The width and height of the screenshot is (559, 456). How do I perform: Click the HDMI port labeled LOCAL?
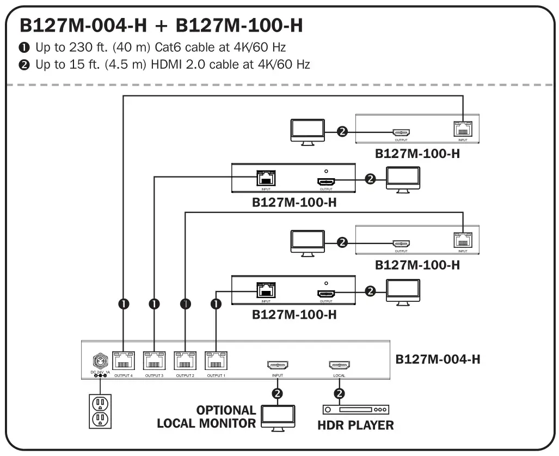pos(339,366)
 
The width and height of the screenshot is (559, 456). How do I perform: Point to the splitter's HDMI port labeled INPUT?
pos(278,366)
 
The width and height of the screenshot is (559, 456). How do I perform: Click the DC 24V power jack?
pos(100,361)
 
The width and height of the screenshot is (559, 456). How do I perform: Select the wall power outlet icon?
pos(100,411)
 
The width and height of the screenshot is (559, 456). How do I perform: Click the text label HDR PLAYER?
pos(355,425)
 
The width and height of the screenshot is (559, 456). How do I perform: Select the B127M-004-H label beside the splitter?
pos(438,360)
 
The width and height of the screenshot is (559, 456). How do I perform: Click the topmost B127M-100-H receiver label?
pos(417,153)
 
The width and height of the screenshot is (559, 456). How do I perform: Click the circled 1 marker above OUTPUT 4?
pos(124,304)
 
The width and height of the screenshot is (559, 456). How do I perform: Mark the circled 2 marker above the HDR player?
pos(340,393)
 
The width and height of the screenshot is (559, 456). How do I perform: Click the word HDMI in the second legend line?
pos(158,65)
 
